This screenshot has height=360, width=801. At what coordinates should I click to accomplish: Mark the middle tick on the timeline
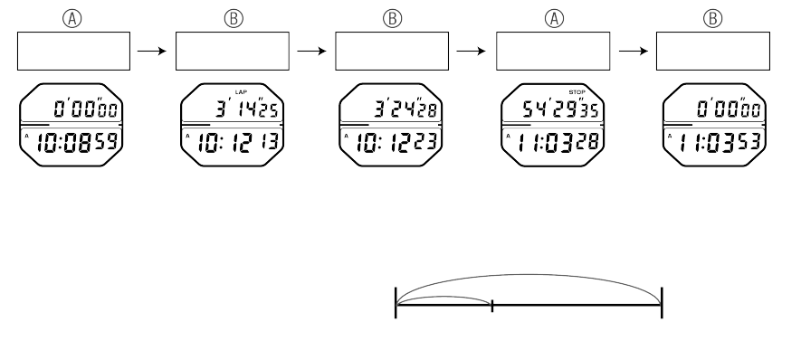[x=491, y=306]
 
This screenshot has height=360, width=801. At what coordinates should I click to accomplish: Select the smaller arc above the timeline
[x=443, y=296]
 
